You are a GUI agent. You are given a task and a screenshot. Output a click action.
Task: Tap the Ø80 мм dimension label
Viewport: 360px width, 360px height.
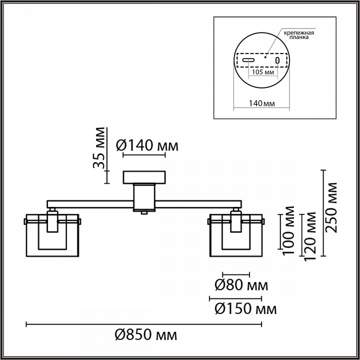(x=241, y=285)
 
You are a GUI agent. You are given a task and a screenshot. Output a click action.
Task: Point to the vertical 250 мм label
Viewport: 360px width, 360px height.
(x=331, y=207)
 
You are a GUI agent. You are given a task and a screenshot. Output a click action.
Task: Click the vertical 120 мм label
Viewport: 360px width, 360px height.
(x=310, y=234)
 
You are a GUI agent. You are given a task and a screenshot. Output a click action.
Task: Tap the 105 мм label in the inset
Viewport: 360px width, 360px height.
(x=262, y=72)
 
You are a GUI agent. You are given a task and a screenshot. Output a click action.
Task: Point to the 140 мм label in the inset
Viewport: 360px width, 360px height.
(x=262, y=103)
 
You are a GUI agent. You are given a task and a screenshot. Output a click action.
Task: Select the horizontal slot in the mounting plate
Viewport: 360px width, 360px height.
(x=248, y=60)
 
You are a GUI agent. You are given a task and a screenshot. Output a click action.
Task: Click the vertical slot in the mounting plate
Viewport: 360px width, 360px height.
(x=276, y=60)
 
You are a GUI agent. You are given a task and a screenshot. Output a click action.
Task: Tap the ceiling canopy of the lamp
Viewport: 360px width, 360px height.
(x=144, y=177)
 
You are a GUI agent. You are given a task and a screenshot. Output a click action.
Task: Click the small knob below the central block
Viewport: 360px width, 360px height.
(x=144, y=212)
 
